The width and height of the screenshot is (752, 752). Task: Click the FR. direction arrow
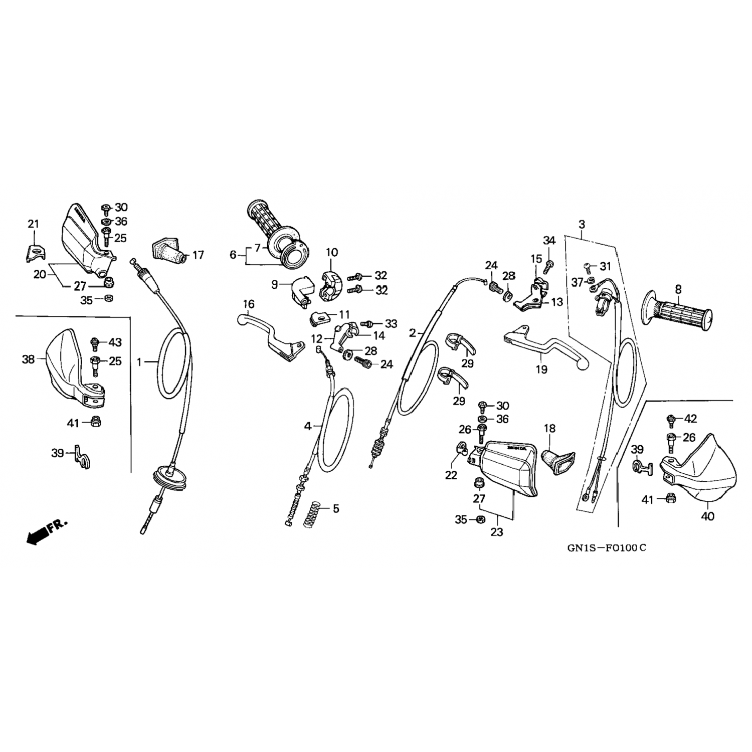[x=45, y=532]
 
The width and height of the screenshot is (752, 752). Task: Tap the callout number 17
[x=198, y=255]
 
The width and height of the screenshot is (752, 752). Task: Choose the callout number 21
[x=33, y=224]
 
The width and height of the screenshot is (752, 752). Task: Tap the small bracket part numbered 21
[x=34, y=253]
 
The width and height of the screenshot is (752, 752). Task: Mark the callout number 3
[x=582, y=224]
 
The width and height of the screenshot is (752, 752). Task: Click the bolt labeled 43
[x=94, y=343]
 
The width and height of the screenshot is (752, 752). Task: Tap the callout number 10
[x=332, y=252]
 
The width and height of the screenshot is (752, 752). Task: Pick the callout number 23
[x=496, y=532]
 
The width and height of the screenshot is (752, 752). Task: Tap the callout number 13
[x=556, y=302]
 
